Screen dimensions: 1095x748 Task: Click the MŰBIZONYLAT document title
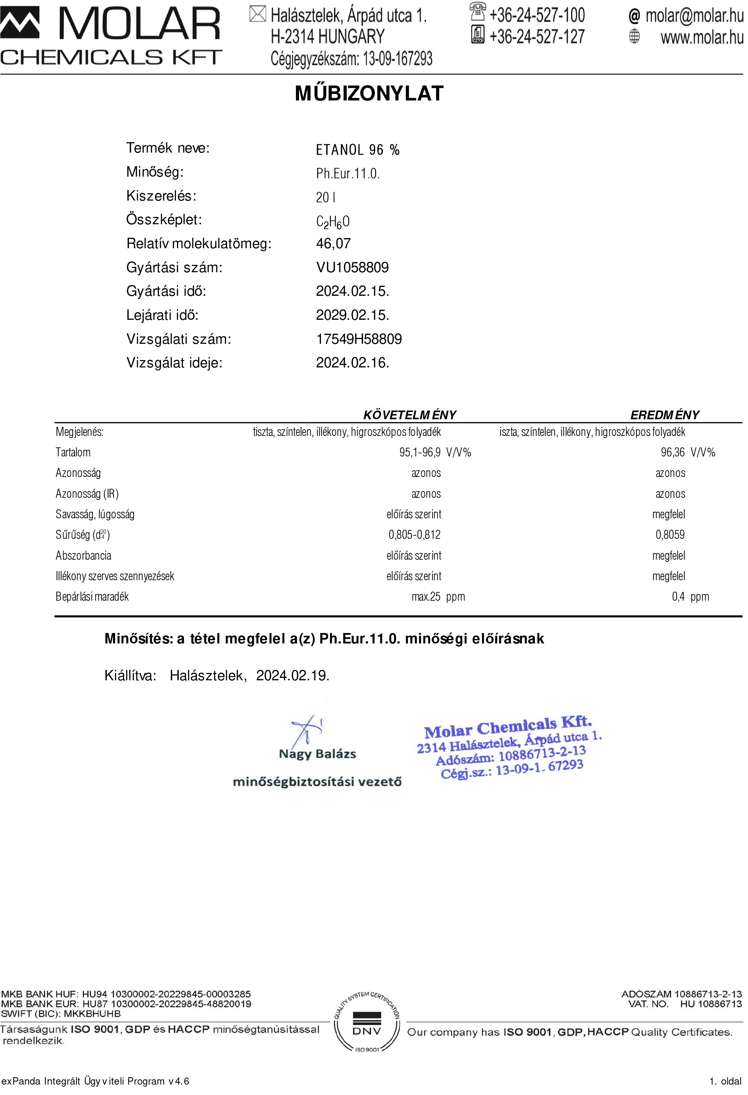(x=369, y=93)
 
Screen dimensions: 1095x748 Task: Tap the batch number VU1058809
(x=352, y=267)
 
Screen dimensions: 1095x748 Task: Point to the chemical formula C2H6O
(x=332, y=221)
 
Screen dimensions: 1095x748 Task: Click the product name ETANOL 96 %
(x=357, y=150)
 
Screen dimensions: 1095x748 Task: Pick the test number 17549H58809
(x=359, y=339)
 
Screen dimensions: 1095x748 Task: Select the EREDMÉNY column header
(x=665, y=415)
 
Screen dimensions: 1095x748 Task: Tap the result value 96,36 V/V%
(x=687, y=452)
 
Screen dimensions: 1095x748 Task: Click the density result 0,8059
(x=670, y=534)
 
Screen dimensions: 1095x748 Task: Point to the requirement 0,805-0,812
(x=414, y=534)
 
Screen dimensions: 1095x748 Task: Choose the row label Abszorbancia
(x=83, y=555)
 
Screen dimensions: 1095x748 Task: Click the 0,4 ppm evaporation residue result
(x=690, y=597)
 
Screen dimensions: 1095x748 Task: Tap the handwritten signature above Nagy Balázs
(x=306, y=729)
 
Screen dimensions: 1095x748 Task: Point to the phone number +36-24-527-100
(x=537, y=15)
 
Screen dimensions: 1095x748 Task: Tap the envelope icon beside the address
(x=257, y=14)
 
